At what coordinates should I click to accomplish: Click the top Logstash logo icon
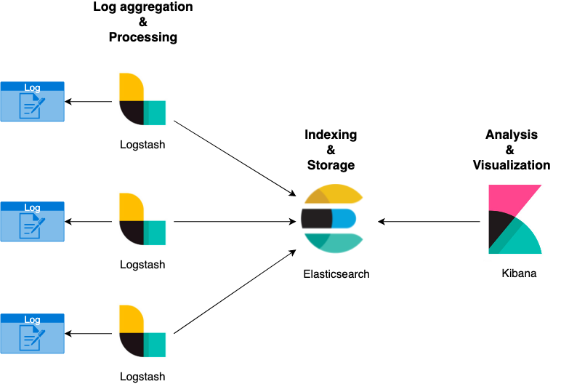click(x=142, y=100)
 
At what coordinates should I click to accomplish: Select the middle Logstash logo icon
click(x=142, y=220)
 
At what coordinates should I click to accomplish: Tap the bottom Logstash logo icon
click(x=142, y=332)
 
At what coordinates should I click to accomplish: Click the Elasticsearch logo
click(x=332, y=219)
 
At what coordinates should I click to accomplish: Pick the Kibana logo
click(x=515, y=219)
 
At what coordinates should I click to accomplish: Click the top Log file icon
click(x=33, y=101)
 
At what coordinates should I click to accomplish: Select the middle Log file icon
click(x=33, y=221)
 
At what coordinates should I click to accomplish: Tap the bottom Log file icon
click(x=33, y=333)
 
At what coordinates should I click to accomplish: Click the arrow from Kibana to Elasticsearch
click(x=429, y=221)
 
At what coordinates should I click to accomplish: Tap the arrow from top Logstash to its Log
click(x=91, y=101)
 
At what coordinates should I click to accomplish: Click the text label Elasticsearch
click(x=336, y=274)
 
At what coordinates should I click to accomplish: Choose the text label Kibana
click(x=519, y=274)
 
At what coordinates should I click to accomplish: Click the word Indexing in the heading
click(x=331, y=135)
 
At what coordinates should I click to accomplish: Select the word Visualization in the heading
click(x=512, y=165)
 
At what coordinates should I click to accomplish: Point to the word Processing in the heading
click(x=143, y=37)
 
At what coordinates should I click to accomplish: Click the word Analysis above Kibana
click(x=512, y=135)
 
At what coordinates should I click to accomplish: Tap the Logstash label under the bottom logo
click(x=142, y=377)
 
